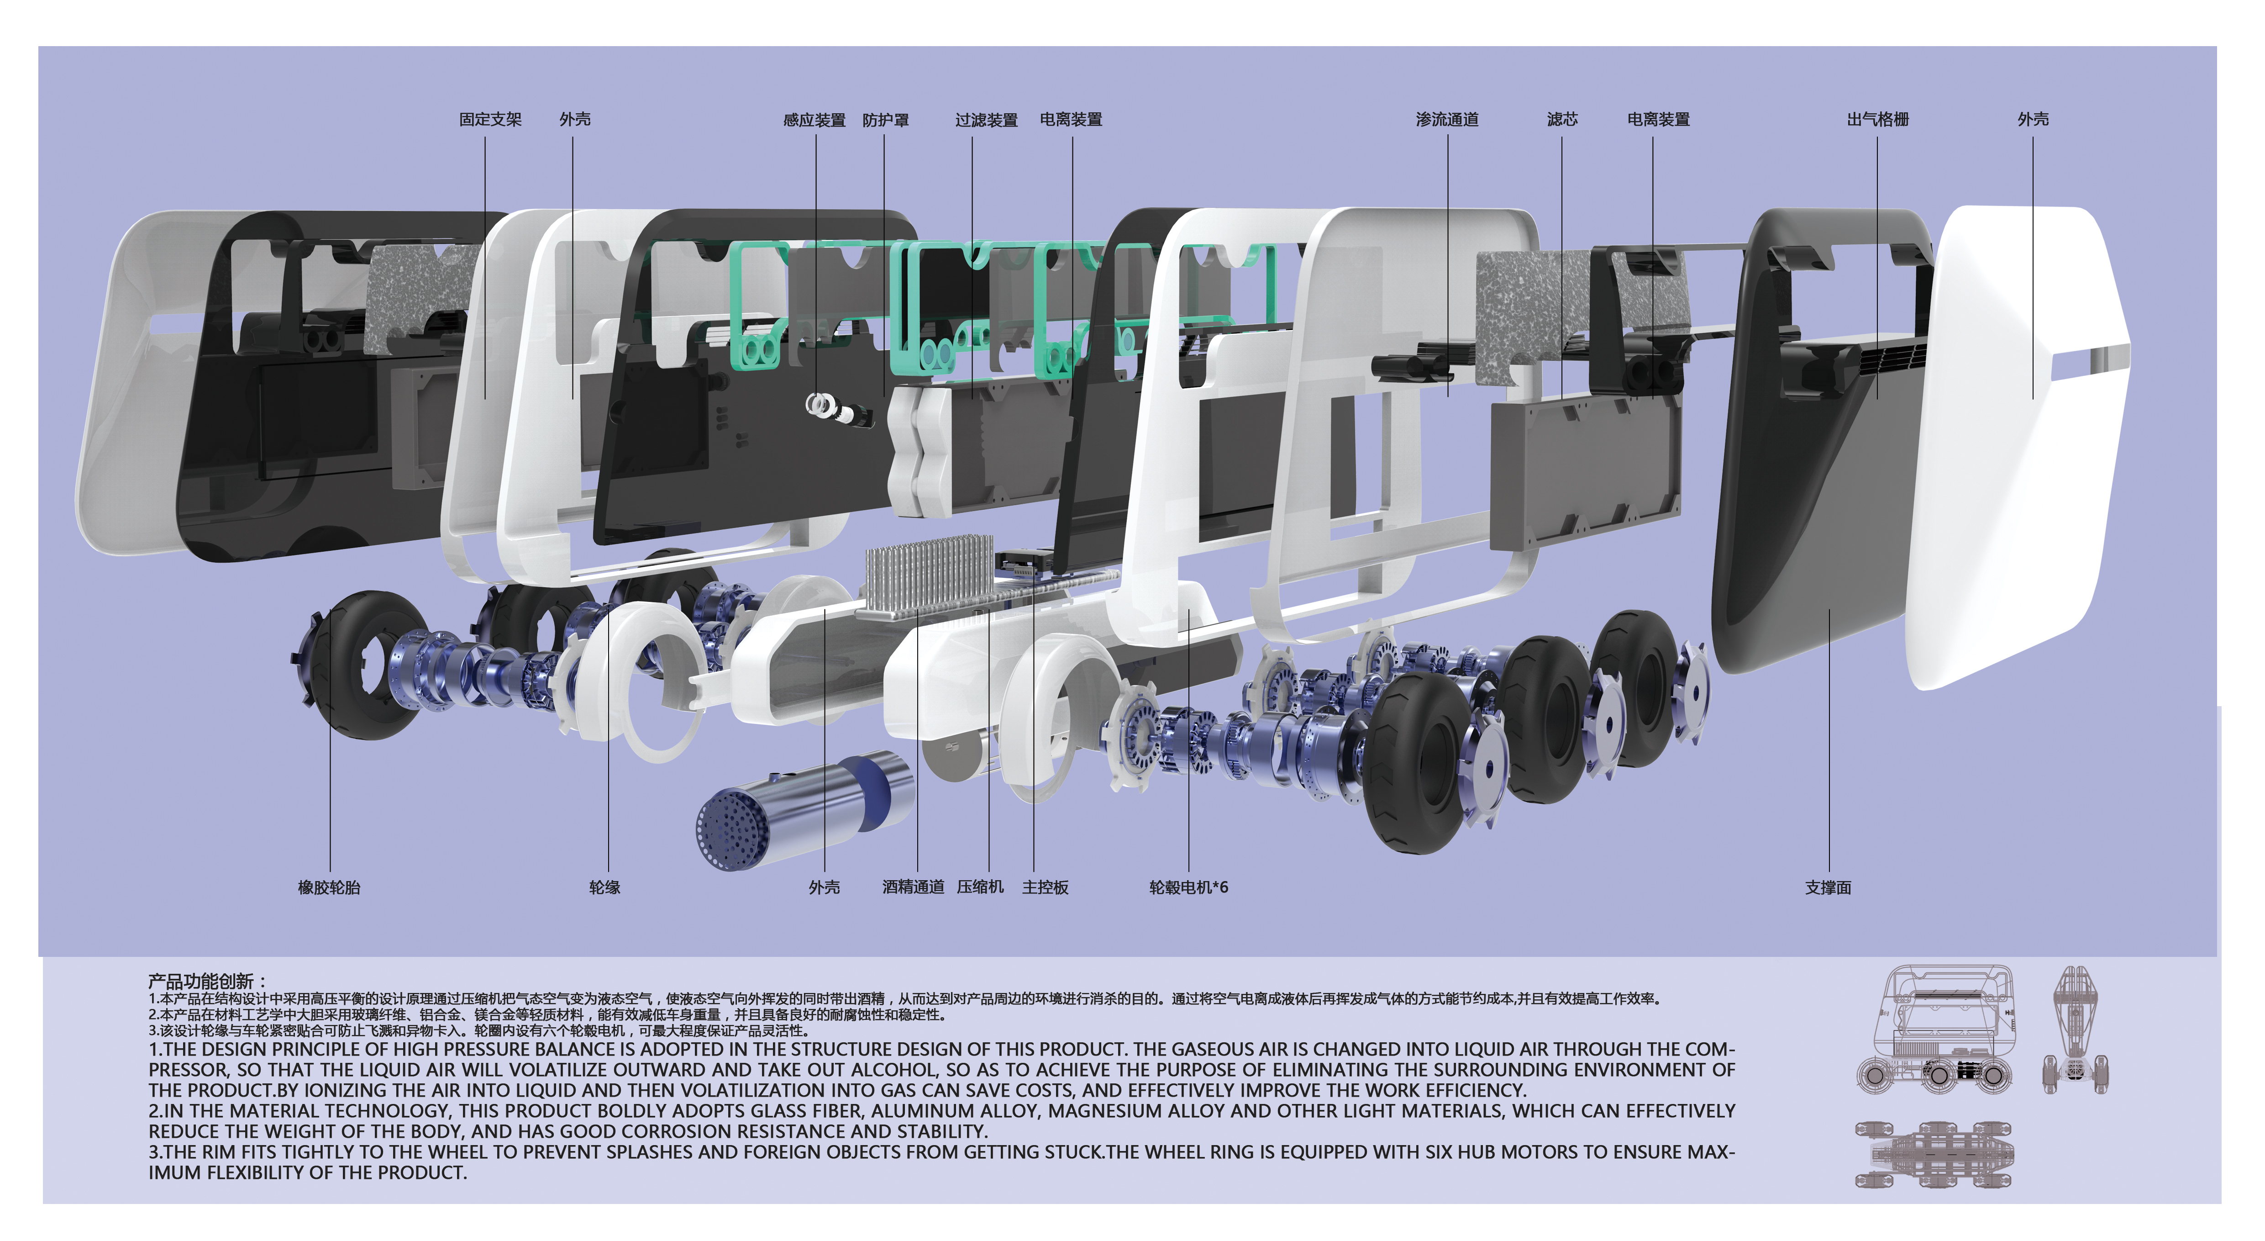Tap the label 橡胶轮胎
click(x=329, y=887)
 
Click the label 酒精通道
click(x=913, y=887)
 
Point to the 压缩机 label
click(x=979, y=887)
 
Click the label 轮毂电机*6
click(x=1188, y=887)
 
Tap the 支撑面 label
click(x=1828, y=887)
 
